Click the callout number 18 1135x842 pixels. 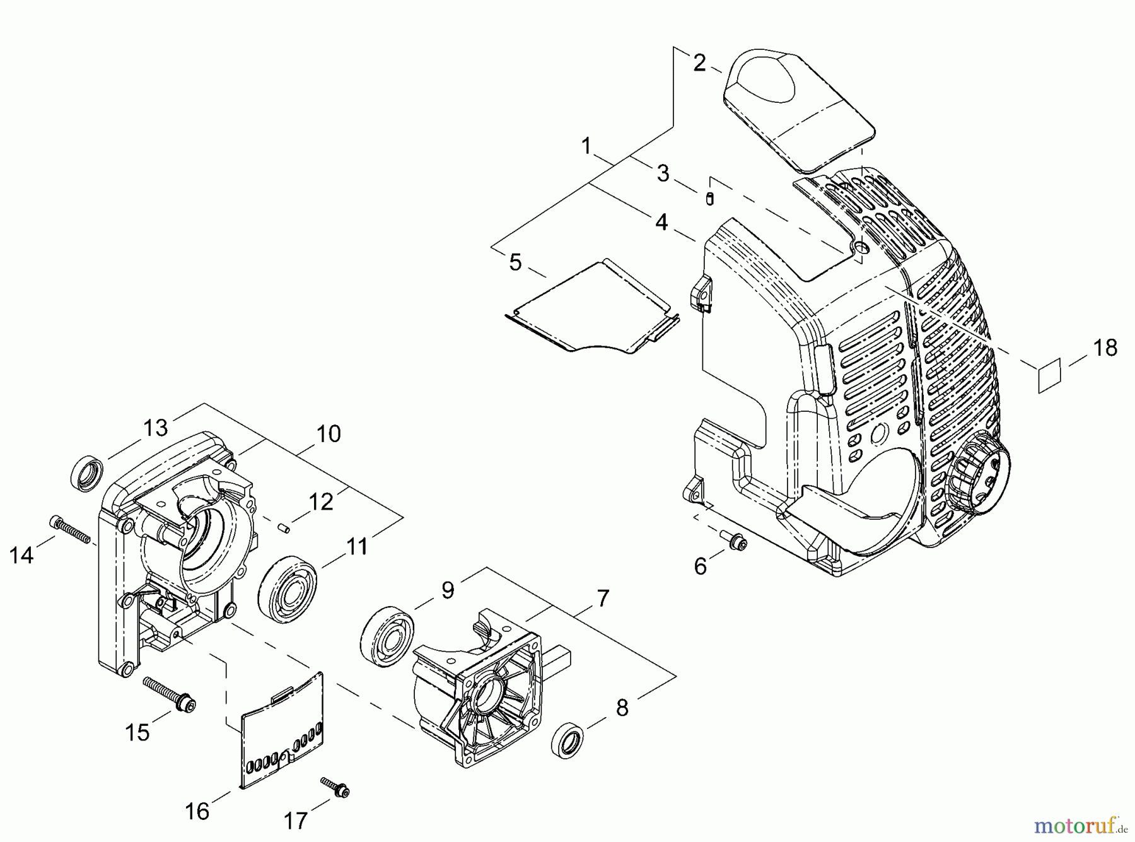pyautogui.click(x=1105, y=348)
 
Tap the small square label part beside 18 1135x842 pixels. pyautogui.click(x=1049, y=376)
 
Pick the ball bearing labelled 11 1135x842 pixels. pyautogui.click(x=288, y=585)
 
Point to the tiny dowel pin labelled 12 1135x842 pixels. pyautogui.click(x=285, y=527)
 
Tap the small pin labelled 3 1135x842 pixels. pyautogui.click(x=709, y=199)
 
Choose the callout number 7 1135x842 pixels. pyautogui.click(x=603, y=597)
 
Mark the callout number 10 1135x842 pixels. pyautogui.click(x=329, y=434)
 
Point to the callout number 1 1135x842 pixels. pyautogui.click(x=586, y=146)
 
